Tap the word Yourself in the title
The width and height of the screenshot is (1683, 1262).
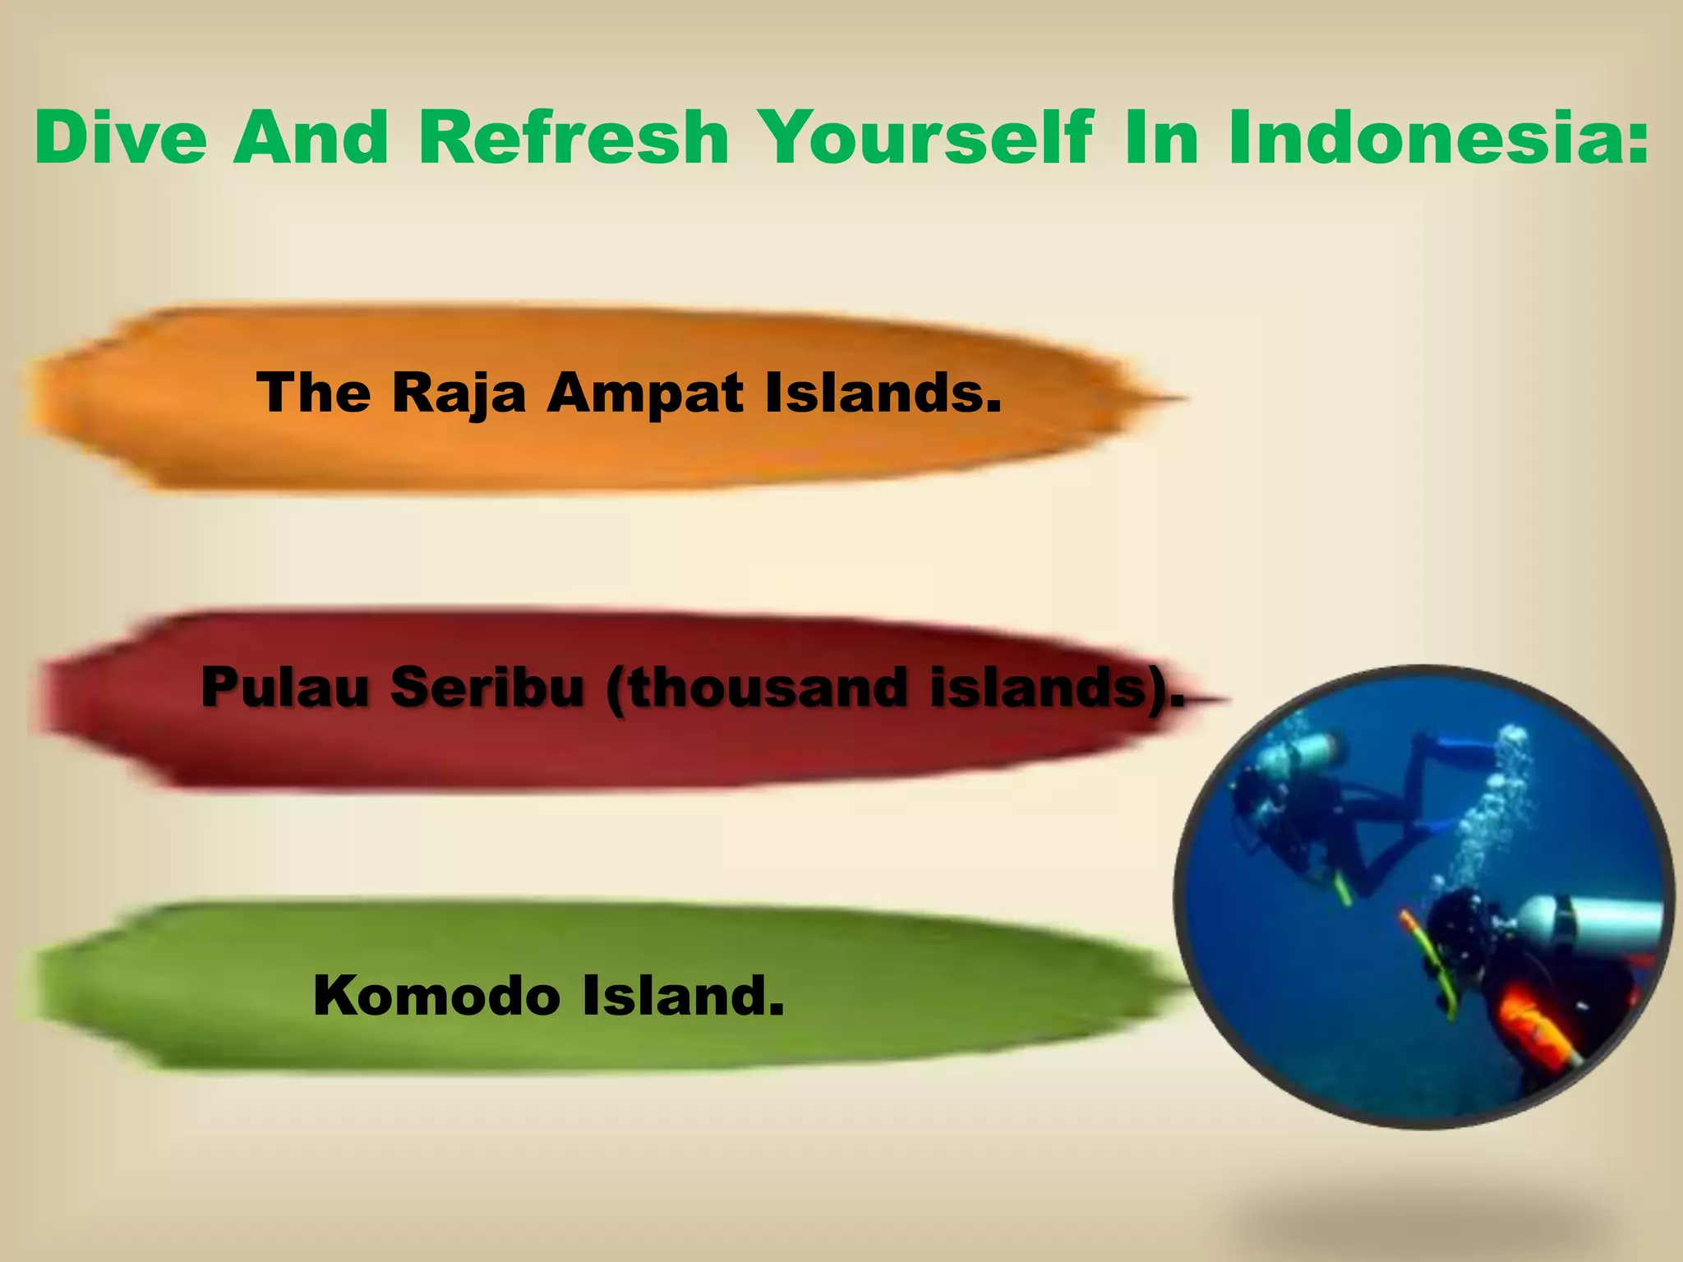[x=924, y=137]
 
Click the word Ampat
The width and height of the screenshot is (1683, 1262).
[x=645, y=393]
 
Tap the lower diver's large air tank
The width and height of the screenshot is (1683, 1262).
[x=1586, y=921]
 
